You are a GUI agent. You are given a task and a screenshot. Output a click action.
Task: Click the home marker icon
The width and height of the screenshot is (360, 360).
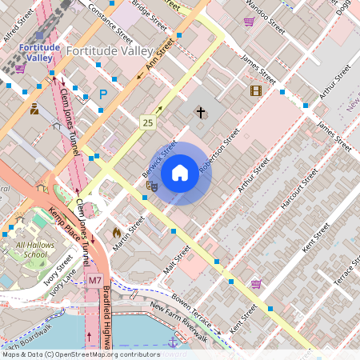point(180,172)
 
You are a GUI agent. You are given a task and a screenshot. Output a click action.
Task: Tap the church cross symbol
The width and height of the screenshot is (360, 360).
point(200,112)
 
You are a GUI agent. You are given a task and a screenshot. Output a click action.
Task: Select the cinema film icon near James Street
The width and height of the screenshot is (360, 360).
point(255,91)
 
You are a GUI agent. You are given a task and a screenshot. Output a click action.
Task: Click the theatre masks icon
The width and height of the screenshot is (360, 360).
point(150,186)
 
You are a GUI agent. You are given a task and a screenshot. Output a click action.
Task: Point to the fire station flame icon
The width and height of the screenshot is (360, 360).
point(117,233)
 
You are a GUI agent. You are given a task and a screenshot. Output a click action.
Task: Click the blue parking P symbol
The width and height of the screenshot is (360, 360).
point(102,94)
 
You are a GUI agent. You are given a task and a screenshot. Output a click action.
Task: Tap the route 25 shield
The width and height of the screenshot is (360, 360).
point(147,122)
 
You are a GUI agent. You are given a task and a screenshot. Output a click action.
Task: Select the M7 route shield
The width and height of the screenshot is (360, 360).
point(94,281)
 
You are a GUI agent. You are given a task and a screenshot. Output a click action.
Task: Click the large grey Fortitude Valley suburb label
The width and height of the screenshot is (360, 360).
point(108,50)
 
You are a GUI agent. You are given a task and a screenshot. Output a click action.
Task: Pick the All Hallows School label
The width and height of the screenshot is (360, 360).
point(31,250)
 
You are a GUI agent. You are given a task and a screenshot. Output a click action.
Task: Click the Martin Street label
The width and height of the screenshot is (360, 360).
point(130,231)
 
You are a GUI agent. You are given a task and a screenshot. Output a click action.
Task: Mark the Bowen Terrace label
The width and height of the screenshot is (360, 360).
point(190,313)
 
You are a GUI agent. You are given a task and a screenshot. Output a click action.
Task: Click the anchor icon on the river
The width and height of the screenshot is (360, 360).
point(171,342)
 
